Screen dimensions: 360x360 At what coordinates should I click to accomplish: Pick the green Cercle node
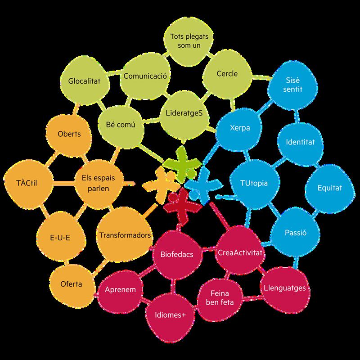point(227,73)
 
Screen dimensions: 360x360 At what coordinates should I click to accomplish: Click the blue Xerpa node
point(239,127)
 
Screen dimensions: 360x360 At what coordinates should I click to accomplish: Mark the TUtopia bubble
point(254,184)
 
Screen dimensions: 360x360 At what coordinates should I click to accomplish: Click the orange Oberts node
point(69,134)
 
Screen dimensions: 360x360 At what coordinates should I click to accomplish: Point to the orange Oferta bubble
point(71,284)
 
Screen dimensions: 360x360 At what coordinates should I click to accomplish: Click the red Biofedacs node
point(176,255)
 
